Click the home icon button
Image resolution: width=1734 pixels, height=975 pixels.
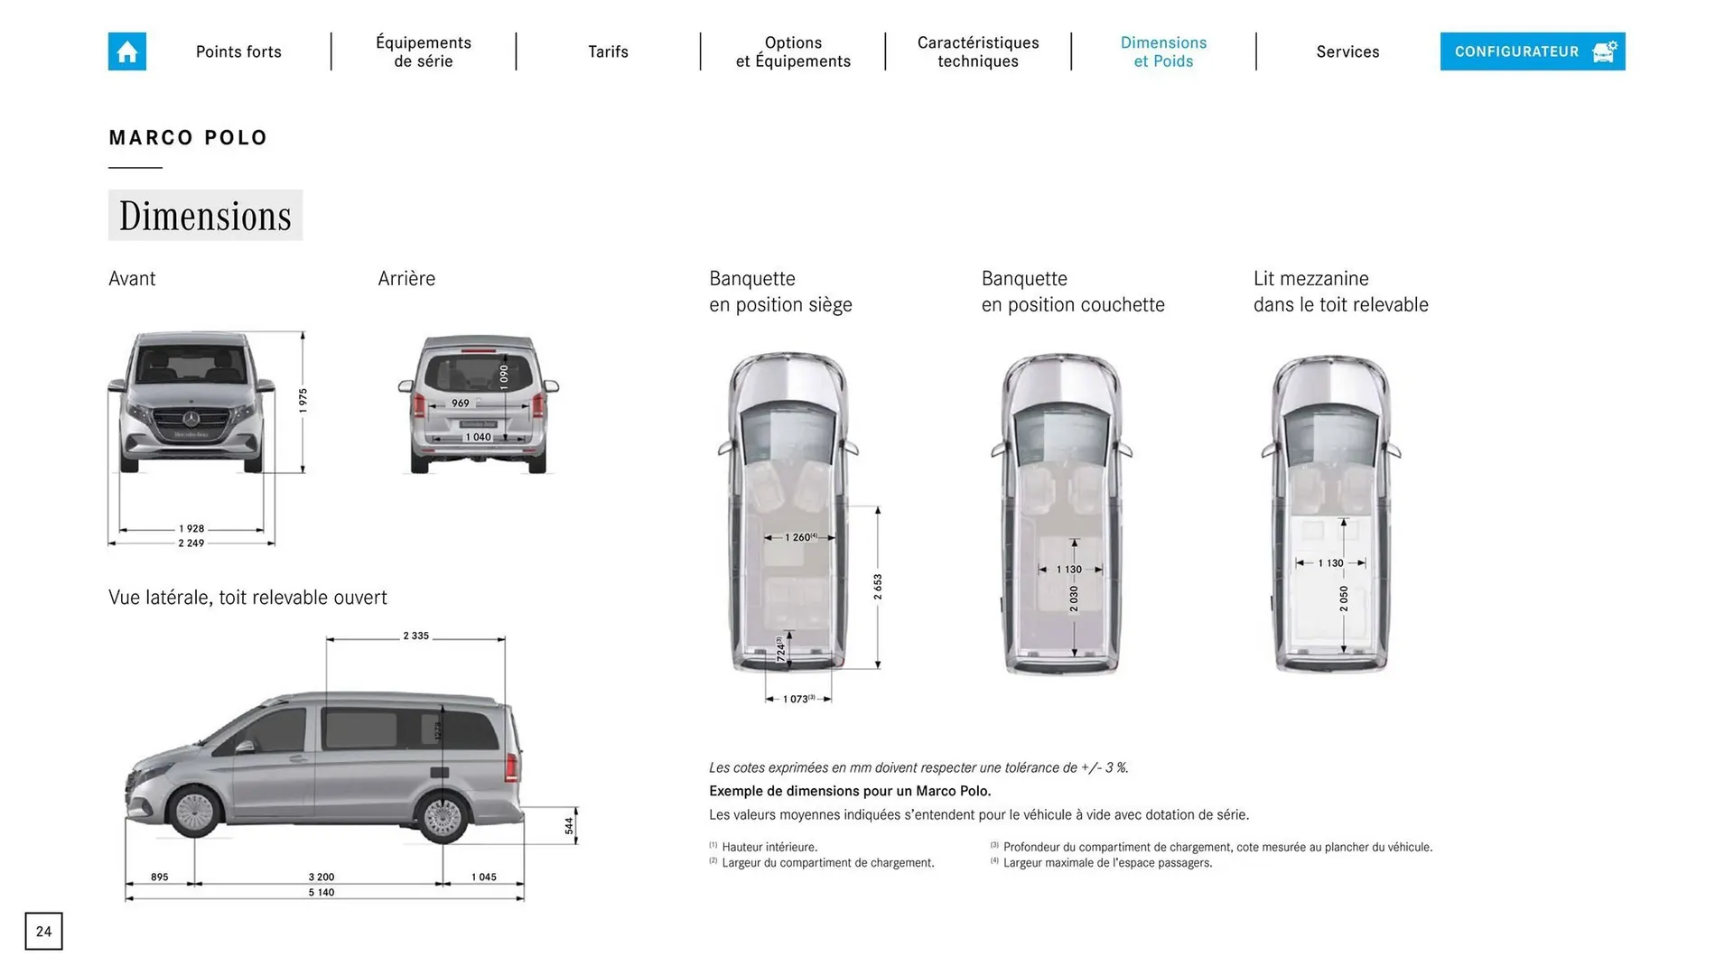click(x=127, y=51)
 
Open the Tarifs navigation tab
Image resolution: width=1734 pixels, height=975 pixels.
click(x=608, y=51)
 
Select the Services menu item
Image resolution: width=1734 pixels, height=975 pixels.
click(x=1347, y=51)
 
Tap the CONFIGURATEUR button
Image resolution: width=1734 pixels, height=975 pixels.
click(x=1532, y=51)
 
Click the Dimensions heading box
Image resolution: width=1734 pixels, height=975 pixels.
click(x=205, y=216)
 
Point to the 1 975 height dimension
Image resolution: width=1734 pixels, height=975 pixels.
click(x=303, y=400)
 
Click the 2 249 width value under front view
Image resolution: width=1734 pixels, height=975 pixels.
click(x=191, y=543)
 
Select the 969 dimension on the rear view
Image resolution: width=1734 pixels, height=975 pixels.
click(x=461, y=404)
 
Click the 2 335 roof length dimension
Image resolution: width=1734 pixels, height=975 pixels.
click(x=415, y=636)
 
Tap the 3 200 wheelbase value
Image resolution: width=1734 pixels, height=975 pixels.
click(x=322, y=877)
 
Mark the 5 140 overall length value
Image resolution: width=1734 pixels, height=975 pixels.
click(x=322, y=893)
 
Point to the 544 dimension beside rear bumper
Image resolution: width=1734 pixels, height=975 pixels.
click(x=569, y=825)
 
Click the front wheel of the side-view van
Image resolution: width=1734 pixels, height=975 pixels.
click(x=195, y=812)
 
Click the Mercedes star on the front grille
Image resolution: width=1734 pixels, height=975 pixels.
click(x=191, y=418)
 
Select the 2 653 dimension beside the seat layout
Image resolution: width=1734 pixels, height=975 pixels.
click(x=878, y=587)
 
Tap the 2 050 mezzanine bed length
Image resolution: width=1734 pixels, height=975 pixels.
click(x=1344, y=598)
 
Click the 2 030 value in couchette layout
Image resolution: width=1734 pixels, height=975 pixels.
click(x=1074, y=598)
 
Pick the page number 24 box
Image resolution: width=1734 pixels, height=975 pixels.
click(x=44, y=932)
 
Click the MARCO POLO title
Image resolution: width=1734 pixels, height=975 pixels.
click(x=188, y=138)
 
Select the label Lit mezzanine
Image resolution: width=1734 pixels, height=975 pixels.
click(x=1311, y=279)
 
